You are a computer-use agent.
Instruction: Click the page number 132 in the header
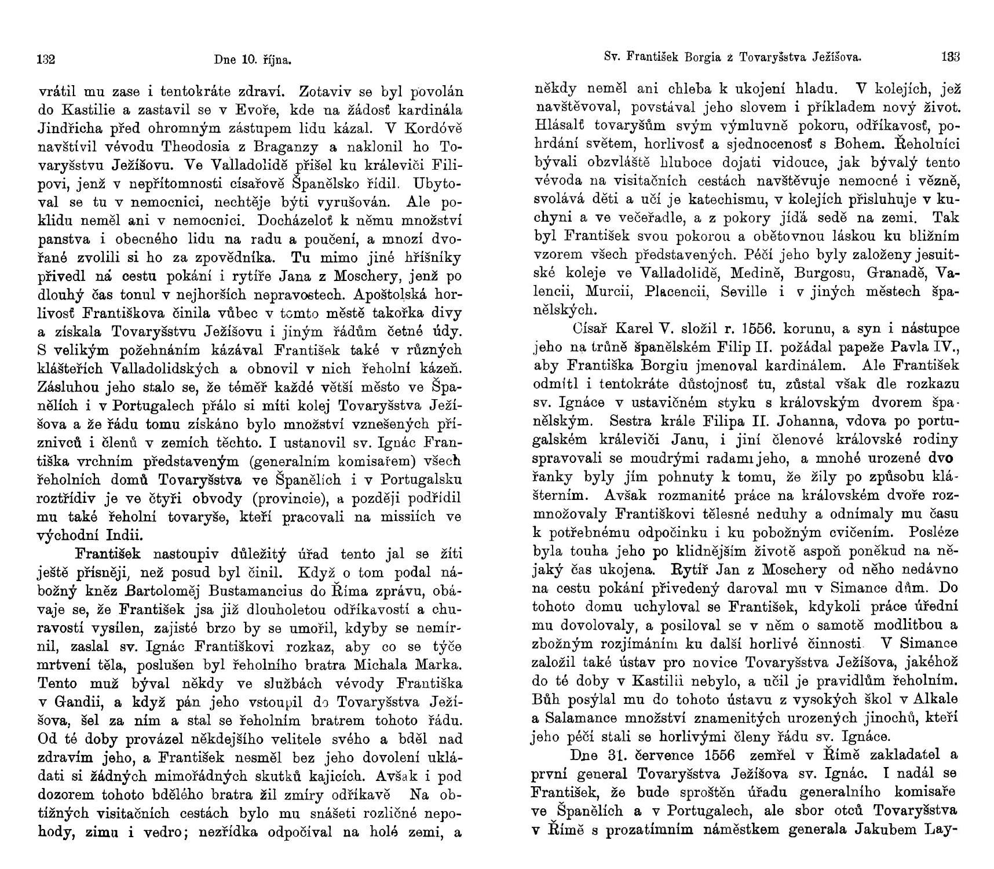click(46, 59)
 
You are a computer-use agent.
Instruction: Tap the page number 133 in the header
click(951, 57)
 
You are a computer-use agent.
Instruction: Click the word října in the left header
click(277, 59)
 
